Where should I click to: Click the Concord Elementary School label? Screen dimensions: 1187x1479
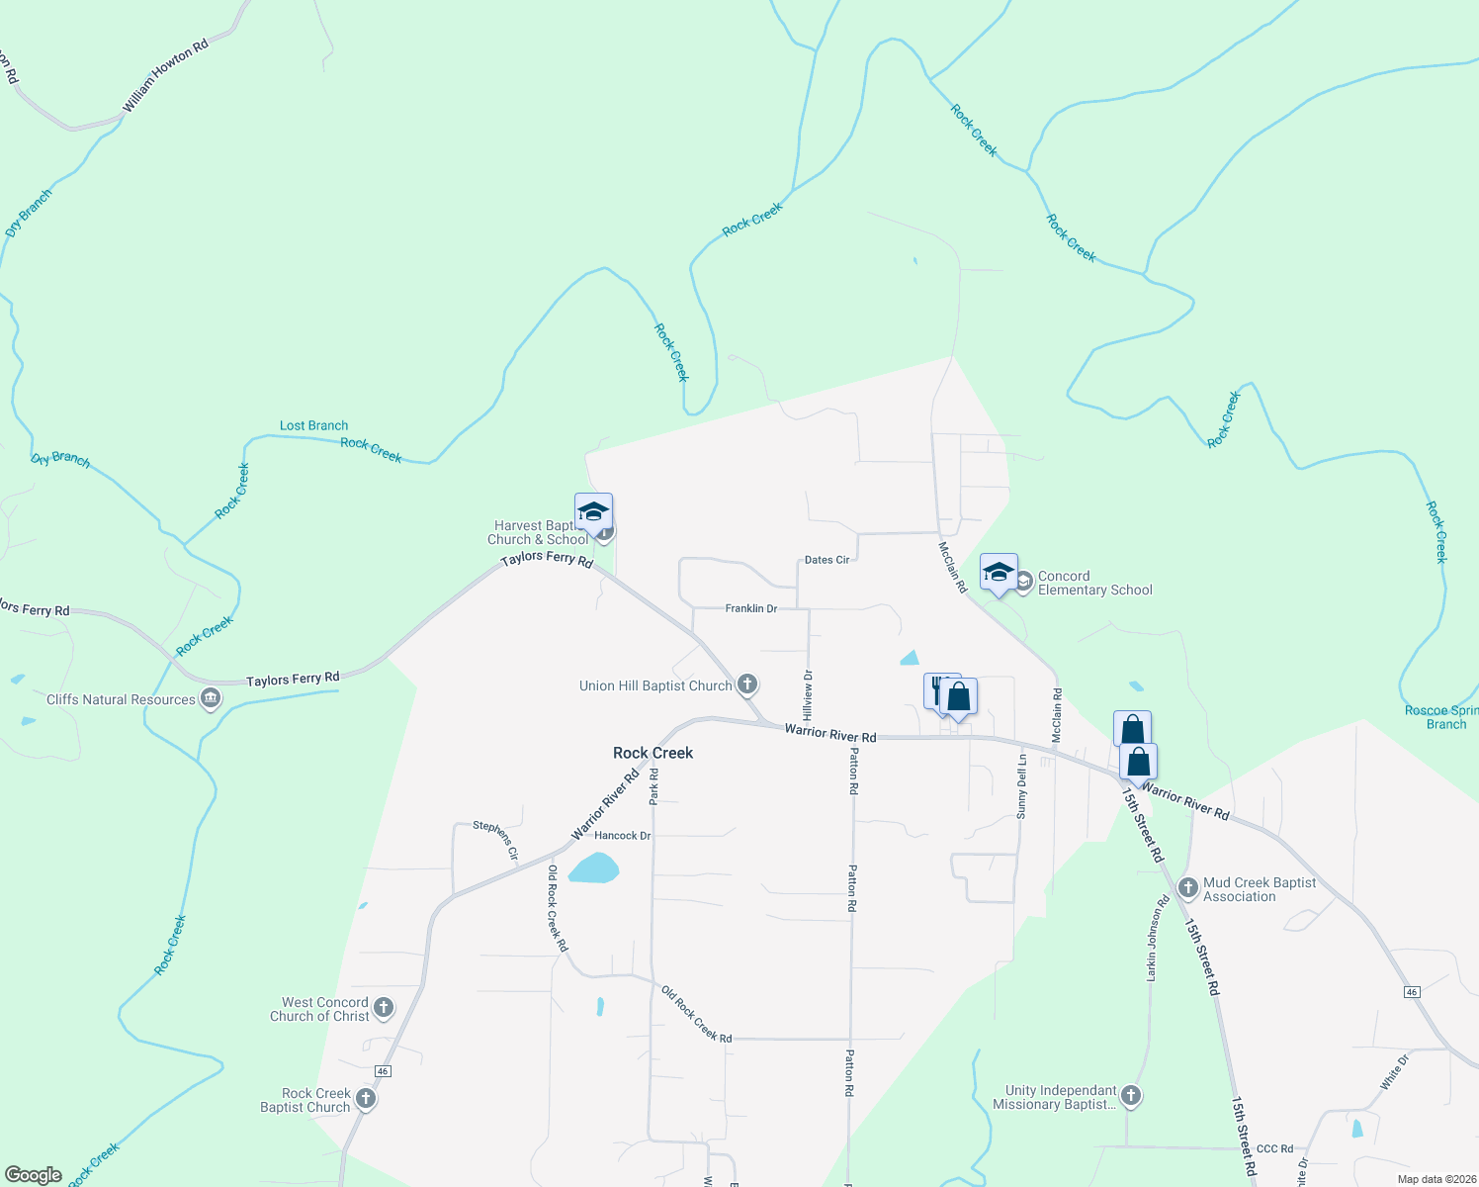tap(1094, 583)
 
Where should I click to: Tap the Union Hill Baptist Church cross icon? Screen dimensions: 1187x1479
tap(747, 685)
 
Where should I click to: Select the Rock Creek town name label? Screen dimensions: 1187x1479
tap(652, 753)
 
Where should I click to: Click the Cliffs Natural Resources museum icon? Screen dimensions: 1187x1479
tap(210, 699)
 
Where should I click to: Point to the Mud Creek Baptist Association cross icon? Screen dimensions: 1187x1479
tap(1188, 888)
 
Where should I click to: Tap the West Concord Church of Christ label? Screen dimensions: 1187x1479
tap(319, 1009)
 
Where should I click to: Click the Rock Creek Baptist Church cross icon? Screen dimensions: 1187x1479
tap(366, 1099)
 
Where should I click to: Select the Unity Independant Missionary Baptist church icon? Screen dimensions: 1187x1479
tap(1132, 1096)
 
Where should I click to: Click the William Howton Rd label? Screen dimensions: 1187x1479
tap(165, 76)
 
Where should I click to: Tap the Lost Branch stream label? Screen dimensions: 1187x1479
tap(313, 425)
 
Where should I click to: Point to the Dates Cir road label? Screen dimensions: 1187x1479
tap(826, 560)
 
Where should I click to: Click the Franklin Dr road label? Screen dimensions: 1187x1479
tap(750, 608)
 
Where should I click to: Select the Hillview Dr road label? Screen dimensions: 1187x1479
tap(808, 694)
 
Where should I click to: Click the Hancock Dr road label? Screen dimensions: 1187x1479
tap(622, 836)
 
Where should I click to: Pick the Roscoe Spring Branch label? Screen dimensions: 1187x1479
tap(1440, 717)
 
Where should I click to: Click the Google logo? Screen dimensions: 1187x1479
tap(33, 1175)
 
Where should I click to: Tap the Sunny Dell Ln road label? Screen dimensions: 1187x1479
tap(1022, 786)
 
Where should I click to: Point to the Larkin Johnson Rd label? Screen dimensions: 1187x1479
tap(1158, 938)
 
